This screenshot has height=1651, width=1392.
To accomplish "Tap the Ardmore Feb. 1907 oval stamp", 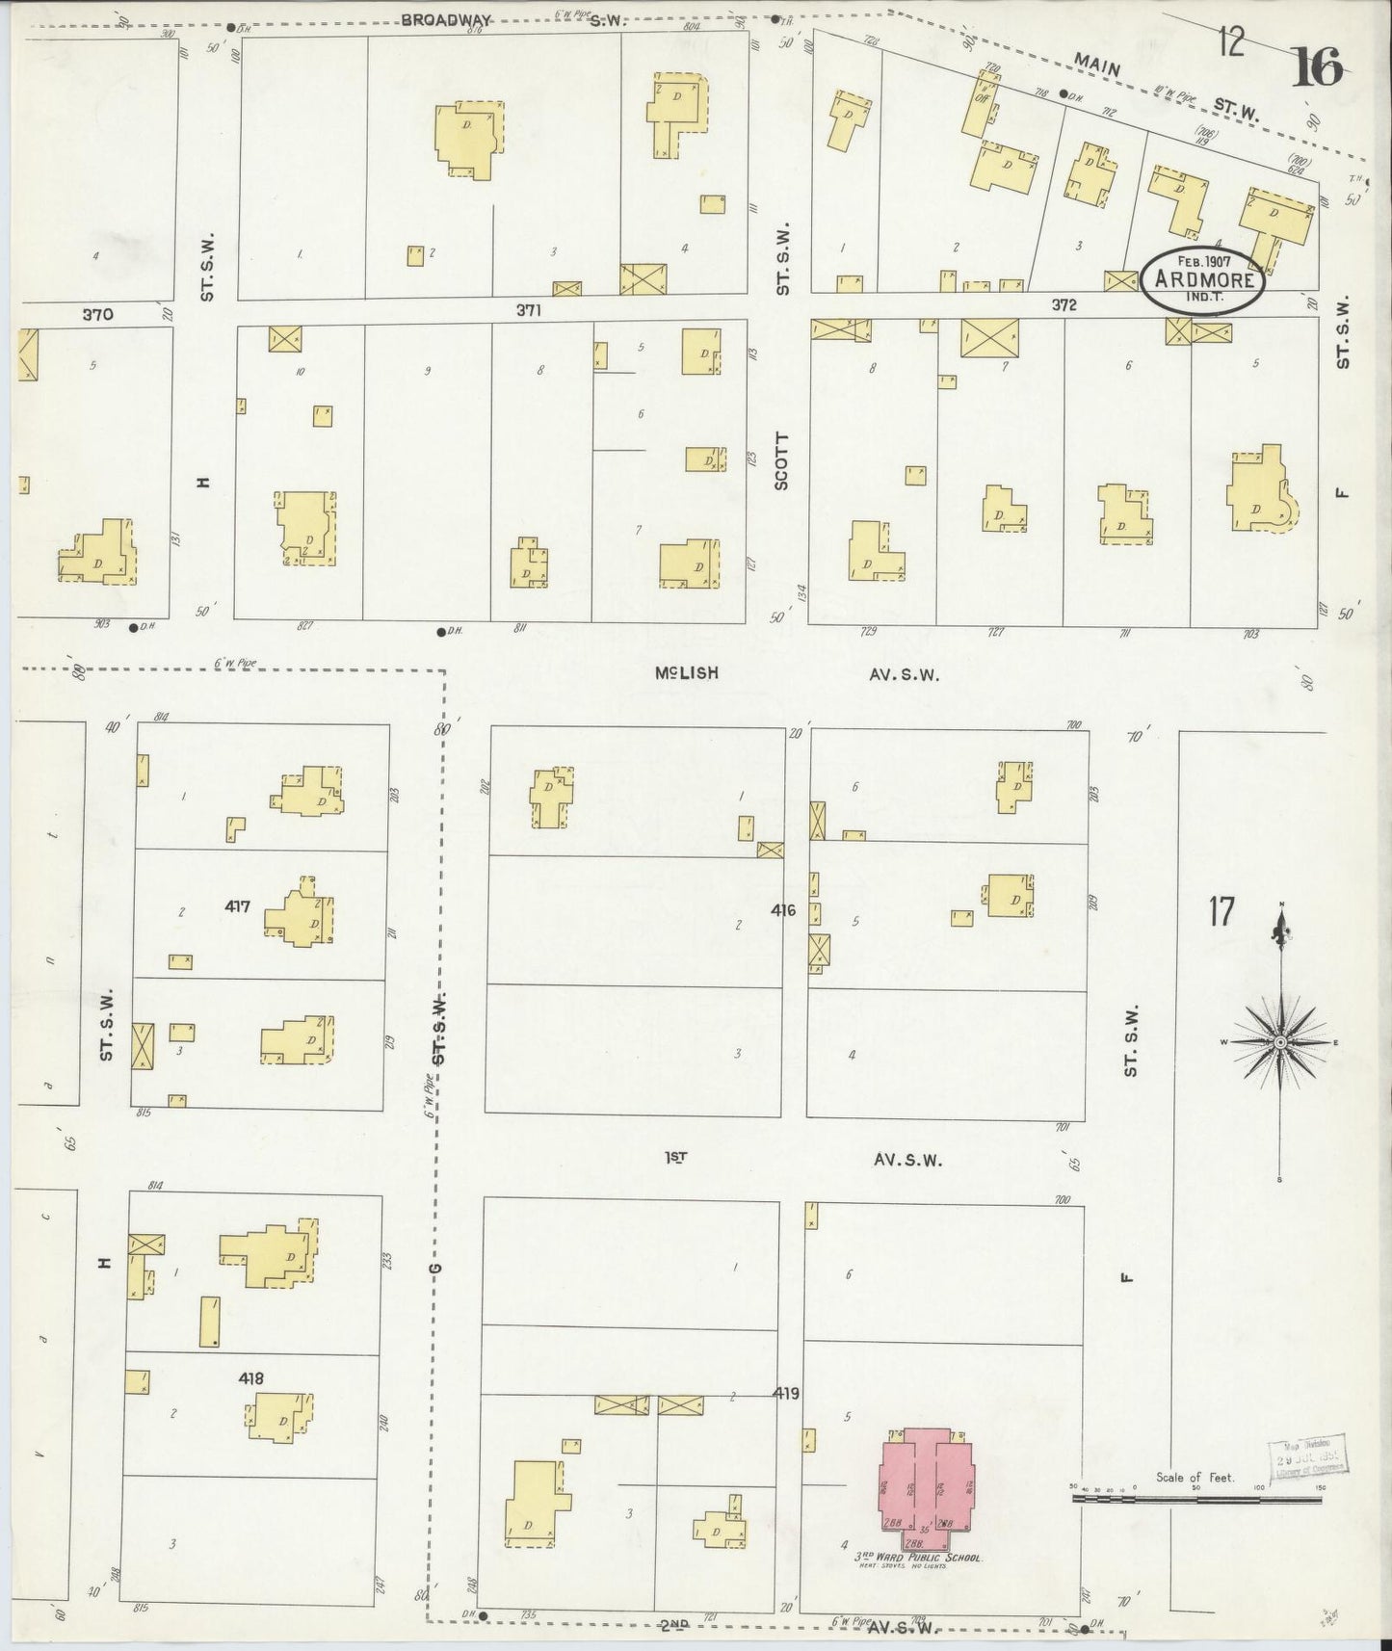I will pyautogui.click(x=1203, y=280).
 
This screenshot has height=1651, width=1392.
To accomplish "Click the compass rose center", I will pyautogui.click(x=1280, y=1043).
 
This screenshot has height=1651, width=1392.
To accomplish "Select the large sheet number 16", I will pyautogui.click(x=1318, y=66).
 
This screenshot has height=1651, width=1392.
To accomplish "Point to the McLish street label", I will pyautogui.click(x=686, y=673).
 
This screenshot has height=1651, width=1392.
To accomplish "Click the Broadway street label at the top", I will pyautogui.click(x=446, y=19).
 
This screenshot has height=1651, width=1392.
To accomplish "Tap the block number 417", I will pyautogui.click(x=238, y=906).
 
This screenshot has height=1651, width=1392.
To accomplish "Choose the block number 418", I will pyautogui.click(x=251, y=1378).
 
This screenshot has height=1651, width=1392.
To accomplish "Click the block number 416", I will pyautogui.click(x=783, y=909).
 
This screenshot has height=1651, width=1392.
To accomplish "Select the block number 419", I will pyautogui.click(x=785, y=1393).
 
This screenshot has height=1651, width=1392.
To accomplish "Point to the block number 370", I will pyautogui.click(x=97, y=314).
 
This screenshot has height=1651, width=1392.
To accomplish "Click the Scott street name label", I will pyautogui.click(x=781, y=461).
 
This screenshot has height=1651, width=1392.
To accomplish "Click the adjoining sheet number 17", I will pyautogui.click(x=1221, y=910).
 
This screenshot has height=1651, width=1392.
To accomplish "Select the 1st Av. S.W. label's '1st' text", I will pyautogui.click(x=675, y=1159).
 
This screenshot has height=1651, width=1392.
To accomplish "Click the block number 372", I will pyautogui.click(x=1064, y=305).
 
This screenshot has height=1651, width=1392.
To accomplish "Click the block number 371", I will pyautogui.click(x=529, y=310).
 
